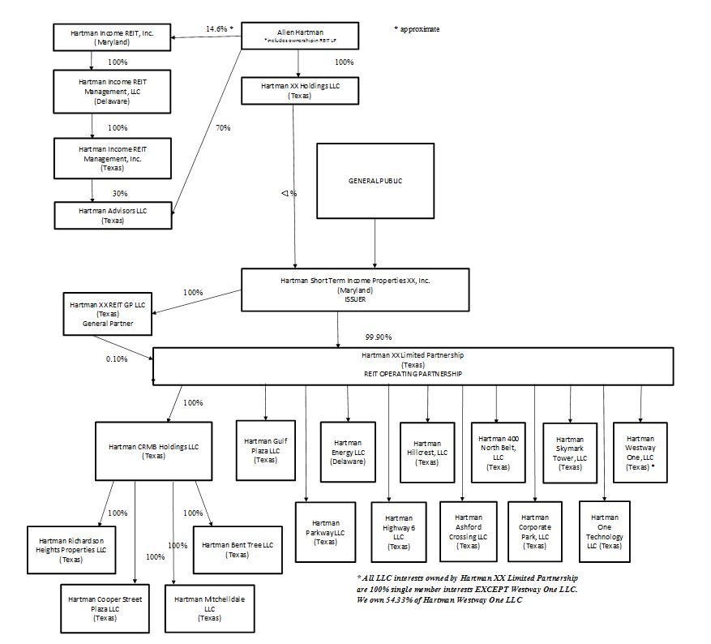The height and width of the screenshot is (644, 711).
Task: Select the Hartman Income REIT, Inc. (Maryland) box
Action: [113, 36]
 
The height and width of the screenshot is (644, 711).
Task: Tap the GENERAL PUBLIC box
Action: [374, 181]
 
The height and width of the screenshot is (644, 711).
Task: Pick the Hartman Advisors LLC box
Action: [113, 215]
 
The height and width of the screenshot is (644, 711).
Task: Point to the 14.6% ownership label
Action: [216, 28]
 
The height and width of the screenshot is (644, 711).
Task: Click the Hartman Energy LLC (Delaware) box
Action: [347, 451]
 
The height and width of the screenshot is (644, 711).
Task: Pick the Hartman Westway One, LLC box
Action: [640, 452]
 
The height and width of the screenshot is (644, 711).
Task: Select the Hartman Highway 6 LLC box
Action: [398, 532]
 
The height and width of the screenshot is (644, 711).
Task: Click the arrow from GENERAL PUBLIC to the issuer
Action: [375, 243]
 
